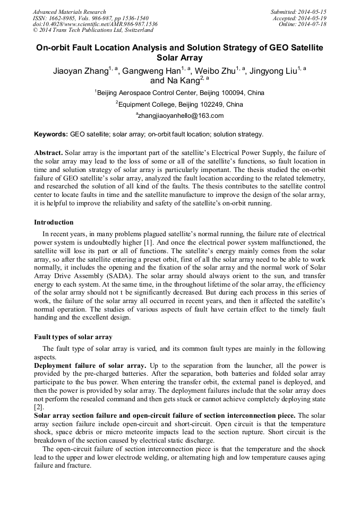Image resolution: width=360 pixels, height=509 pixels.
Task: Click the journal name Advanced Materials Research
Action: [69, 12]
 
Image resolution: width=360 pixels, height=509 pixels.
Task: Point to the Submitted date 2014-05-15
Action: [299, 12]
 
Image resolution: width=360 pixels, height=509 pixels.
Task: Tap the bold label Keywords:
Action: [50, 134]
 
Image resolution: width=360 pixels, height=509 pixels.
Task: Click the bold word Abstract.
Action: [48, 152]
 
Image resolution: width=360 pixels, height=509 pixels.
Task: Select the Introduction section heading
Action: [54, 222]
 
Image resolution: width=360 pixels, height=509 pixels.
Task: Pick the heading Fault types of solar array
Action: [73, 337]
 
